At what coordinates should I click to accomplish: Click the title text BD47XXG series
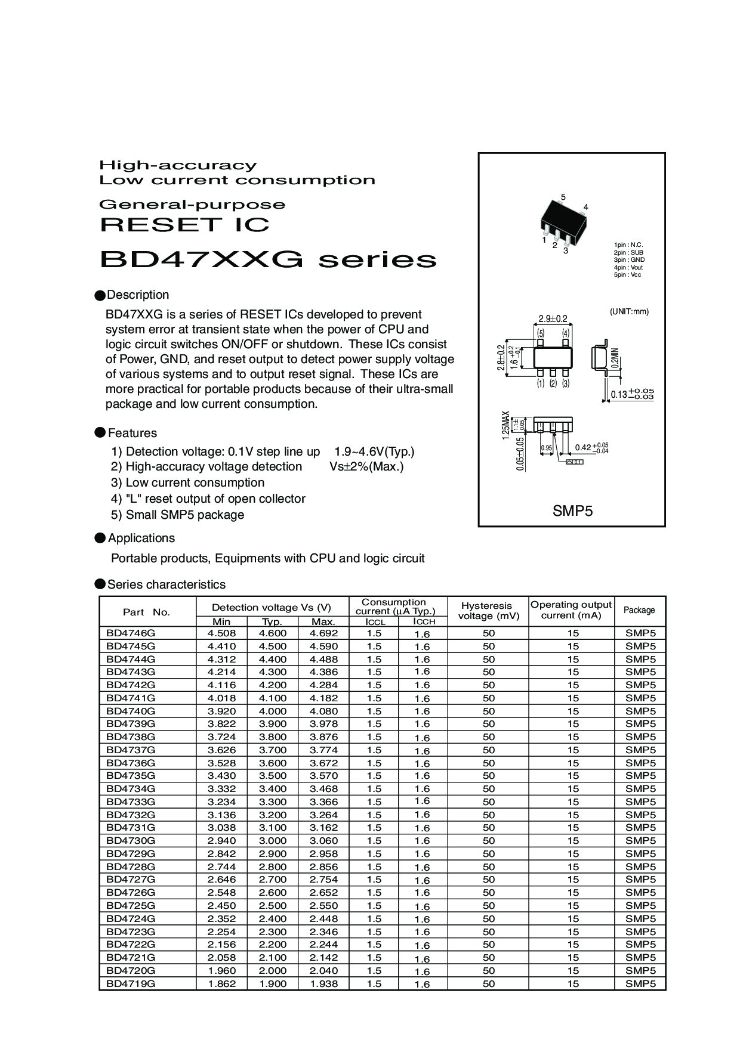point(268,260)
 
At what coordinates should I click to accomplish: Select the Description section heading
point(138,295)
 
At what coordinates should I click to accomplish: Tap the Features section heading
point(132,433)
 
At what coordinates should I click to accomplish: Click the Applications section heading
point(141,538)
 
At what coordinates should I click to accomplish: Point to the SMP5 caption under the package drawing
point(572,510)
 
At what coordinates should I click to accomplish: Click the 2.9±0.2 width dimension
point(553,319)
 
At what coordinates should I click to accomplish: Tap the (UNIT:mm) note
point(629,311)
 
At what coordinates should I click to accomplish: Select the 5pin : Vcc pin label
point(628,274)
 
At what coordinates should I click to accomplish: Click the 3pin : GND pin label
point(629,260)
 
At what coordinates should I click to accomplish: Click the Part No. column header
point(147,612)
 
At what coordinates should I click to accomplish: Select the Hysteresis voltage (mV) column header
point(487,611)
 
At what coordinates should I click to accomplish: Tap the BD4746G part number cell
point(131,633)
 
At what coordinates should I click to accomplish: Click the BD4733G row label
point(131,801)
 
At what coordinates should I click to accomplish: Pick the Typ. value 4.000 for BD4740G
point(273,711)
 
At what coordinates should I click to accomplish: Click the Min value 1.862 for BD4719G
point(222,983)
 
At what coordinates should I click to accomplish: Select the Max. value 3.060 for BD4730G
point(323,840)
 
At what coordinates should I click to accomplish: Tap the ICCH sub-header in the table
point(422,621)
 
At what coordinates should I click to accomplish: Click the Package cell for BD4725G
point(640,905)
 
